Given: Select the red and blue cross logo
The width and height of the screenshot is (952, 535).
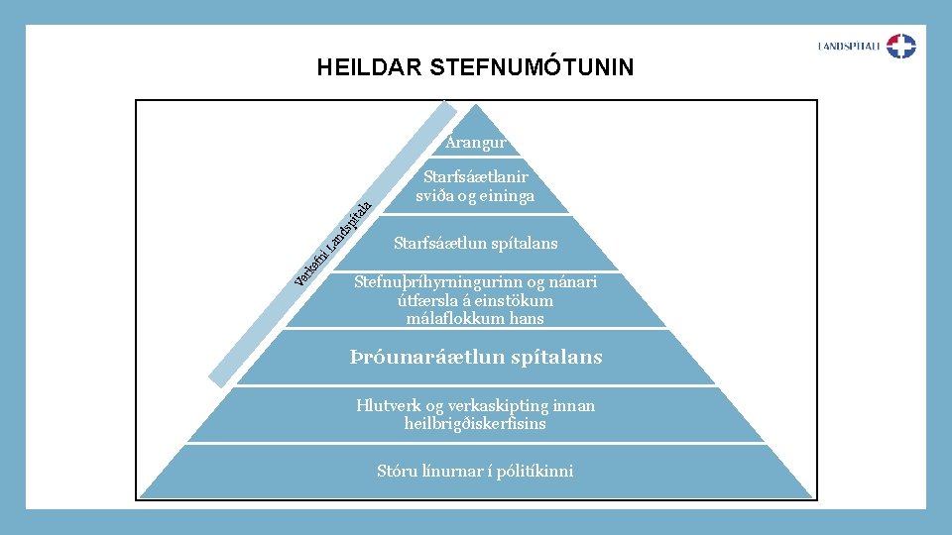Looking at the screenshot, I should (x=901, y=46).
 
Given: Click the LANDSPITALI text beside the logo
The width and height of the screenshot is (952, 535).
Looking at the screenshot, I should (x=849, y=46).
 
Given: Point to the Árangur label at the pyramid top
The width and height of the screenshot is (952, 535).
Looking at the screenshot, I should (x=476, y=143).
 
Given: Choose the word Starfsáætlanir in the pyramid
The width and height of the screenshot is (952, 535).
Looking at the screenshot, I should (x=476, y=177).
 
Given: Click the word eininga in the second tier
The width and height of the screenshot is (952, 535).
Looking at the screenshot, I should (x=507, y=195).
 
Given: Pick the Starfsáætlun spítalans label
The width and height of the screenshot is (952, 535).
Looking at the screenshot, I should (x=476, y=243).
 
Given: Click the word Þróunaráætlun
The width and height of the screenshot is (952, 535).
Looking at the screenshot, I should (x=415, y=357).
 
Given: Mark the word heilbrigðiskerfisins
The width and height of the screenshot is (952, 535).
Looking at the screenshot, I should (x=476, y=423).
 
